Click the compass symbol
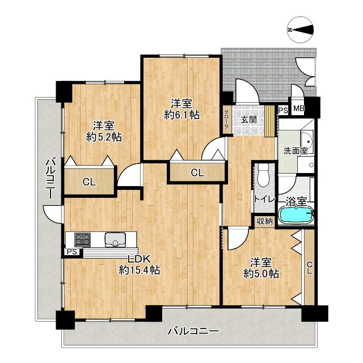301,29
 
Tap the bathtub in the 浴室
296,215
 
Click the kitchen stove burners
82,239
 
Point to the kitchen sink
115,239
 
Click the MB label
299,108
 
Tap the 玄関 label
248,120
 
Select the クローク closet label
226,119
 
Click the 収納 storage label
265,222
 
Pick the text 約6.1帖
181,115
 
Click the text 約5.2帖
104,137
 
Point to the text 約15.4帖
140,270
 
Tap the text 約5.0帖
261,274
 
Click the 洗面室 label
296,151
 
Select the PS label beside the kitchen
72,252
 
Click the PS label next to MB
283,110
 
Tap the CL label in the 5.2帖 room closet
90,183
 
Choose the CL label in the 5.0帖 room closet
310,268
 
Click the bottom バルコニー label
193,331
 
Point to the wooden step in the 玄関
269,121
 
